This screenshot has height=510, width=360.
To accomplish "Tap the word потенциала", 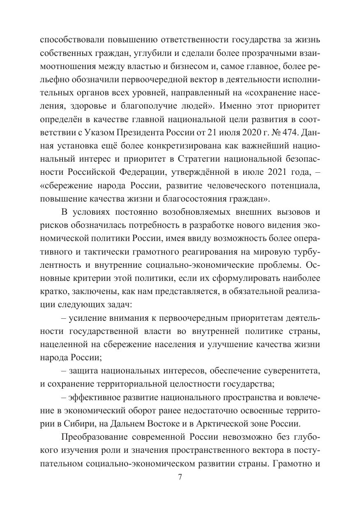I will point(293,187).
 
